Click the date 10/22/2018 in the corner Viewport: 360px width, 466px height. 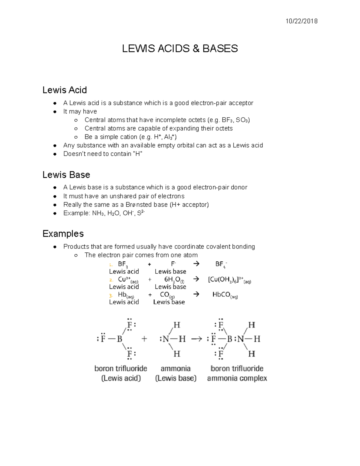[301, 21]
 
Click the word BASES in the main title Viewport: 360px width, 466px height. [220, 48]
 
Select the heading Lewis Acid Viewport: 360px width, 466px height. [64, 90]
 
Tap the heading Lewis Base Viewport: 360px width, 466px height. [66, 175]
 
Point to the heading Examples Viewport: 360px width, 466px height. [63, 233]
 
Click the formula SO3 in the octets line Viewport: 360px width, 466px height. [242, 120]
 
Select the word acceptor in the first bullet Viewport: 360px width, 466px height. [241, 103]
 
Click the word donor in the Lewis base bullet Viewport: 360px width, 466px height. [239, 187]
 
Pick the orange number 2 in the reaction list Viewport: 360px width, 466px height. [111, 280]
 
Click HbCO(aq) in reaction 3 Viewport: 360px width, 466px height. [225, 295]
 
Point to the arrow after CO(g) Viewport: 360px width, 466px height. [196, 294]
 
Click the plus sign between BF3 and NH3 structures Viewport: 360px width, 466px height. [144, 339]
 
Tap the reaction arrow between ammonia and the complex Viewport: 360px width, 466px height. [196, 339]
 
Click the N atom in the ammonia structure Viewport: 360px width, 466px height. [166, 339]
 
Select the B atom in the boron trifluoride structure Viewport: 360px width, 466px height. [119, 339]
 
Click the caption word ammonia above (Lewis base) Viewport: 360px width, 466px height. [175, 368]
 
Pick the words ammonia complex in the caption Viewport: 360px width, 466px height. [237, 378]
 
